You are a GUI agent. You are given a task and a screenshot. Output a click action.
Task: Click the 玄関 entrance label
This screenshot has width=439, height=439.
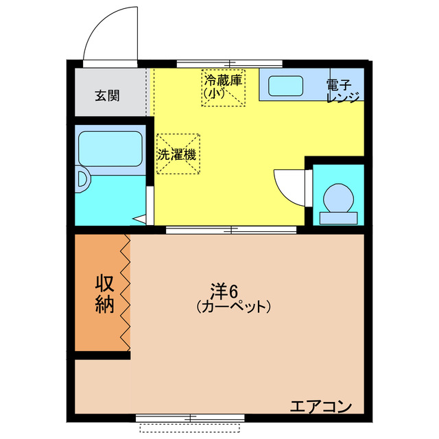108,95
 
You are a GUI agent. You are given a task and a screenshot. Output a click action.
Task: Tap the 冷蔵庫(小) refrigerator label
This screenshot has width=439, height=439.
223,86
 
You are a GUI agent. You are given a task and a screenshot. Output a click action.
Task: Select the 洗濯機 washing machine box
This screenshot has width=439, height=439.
177,154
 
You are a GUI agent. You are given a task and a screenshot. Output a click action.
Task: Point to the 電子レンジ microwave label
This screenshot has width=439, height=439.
342,91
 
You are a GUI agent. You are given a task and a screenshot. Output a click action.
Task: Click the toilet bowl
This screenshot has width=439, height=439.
339,198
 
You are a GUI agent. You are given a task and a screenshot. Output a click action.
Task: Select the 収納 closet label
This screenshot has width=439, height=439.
104,294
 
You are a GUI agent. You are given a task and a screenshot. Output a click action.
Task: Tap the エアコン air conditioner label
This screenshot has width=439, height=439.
320,406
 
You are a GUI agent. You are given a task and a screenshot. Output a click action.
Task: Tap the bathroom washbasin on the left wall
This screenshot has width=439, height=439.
82,180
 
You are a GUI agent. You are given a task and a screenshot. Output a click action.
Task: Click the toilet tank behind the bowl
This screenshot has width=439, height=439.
339,218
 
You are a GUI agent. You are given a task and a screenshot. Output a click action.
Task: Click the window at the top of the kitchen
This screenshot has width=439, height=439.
229,64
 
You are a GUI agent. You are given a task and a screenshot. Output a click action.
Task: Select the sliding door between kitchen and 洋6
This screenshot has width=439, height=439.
230,230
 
